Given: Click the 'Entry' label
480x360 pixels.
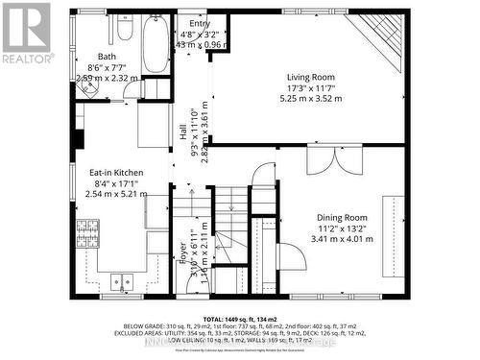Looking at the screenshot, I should click(199, 24).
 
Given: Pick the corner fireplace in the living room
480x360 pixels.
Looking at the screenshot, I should click(380, 35).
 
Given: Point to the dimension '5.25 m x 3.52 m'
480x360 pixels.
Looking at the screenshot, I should click(309, 98).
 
